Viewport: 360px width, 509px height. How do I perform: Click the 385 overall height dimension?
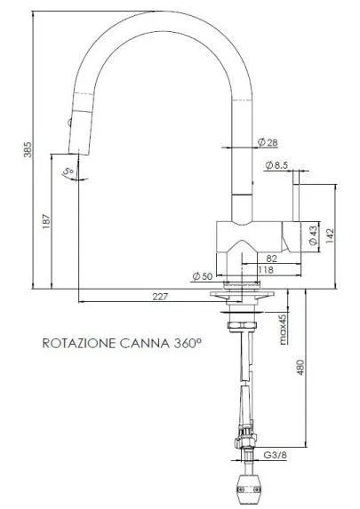tap(28, 149)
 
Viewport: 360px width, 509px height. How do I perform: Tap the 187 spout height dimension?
tap(47, 221)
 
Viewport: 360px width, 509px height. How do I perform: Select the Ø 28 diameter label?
tap(268, 142)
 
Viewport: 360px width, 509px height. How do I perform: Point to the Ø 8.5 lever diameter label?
tap(276, 165)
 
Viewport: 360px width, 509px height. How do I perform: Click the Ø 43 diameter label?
tap(313, 235)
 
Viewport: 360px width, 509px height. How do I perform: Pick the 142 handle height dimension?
tap(330, 236)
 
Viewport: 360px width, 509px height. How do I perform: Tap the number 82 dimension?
tap(272, 258)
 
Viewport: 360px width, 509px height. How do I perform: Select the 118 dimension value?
tap(266, 270)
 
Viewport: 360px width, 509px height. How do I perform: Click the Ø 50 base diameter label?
tap(203, 276)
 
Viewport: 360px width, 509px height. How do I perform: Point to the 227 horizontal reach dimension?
tap(161, 297)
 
